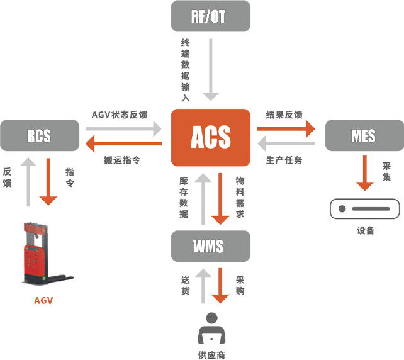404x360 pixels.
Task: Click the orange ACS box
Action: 210,137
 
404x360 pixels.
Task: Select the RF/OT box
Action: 210,16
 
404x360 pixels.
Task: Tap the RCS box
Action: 39,136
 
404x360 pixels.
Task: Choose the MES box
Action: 363,136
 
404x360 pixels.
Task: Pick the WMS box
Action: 210,246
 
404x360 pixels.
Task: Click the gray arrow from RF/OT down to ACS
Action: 211,69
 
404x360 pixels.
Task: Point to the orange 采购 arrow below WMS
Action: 220,286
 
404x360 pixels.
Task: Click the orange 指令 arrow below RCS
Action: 48,182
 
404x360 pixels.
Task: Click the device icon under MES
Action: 365,208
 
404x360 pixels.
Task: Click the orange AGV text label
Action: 43,300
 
